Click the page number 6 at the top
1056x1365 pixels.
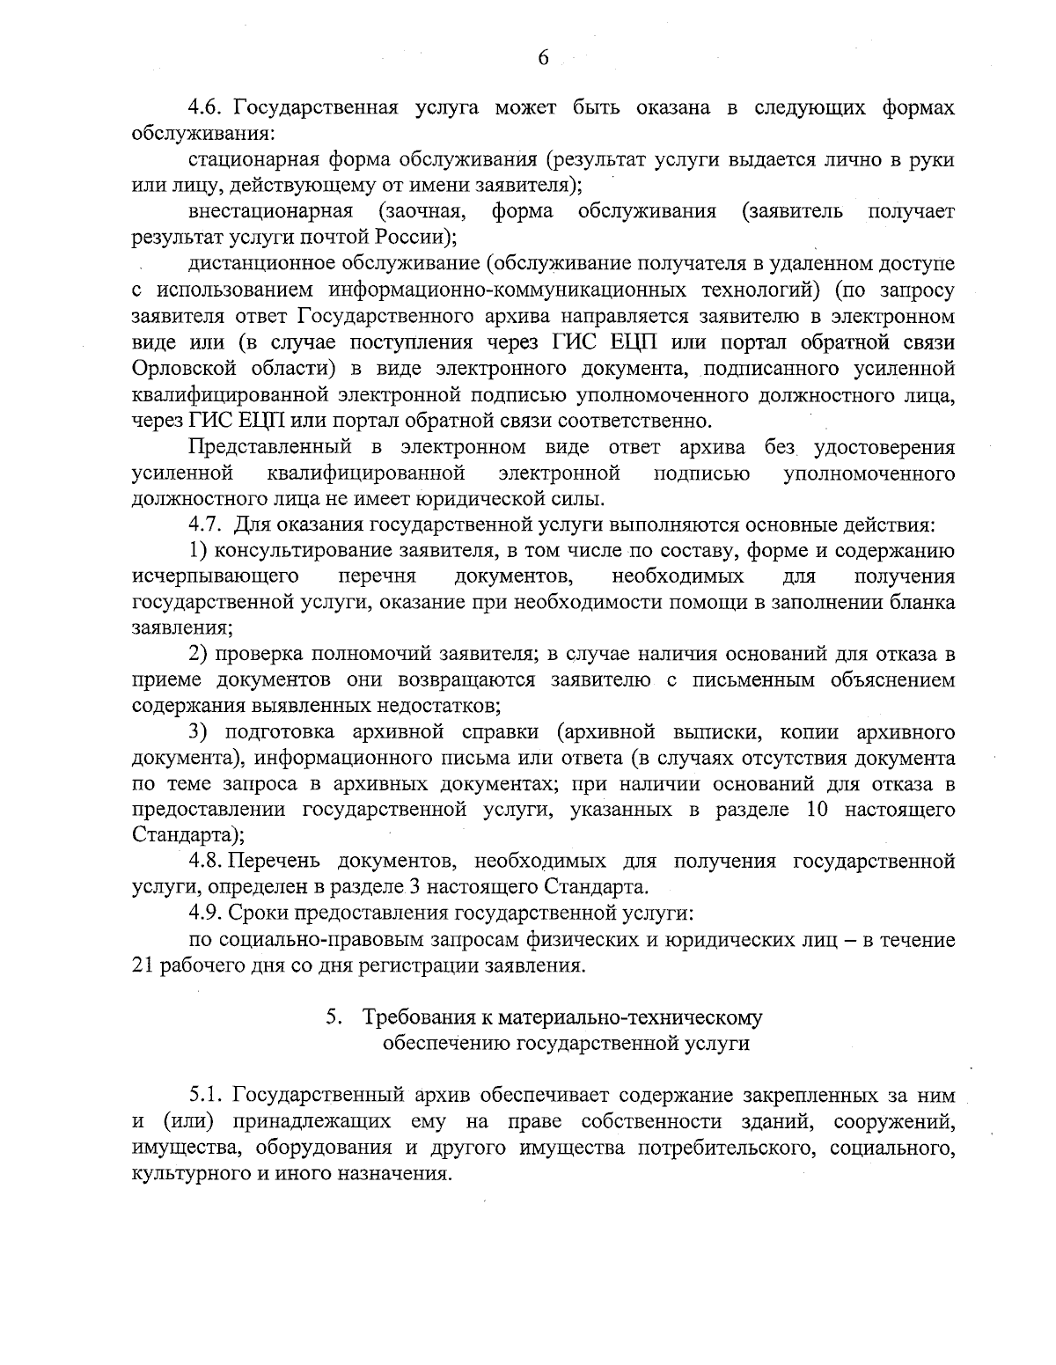tap(542, 58)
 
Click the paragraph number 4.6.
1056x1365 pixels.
tap(207, 108)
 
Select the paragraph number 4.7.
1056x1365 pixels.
tap(207, 525)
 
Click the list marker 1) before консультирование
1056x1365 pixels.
tap(199, 551)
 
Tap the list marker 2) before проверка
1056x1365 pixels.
tap(199, 654)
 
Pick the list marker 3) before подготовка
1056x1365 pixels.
tap(199, 731)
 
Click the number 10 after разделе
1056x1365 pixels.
tap(820, 808)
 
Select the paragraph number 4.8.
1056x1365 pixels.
tap(207, 860)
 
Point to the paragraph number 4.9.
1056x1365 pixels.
tap(207, 911)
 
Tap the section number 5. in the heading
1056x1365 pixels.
tap(334, 1017)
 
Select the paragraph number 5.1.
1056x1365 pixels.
tap(207, 1096)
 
